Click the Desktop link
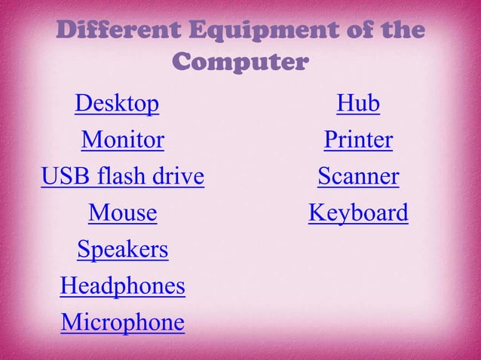pos(117,104)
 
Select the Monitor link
pos(122,141)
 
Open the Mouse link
pos(122,214)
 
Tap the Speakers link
pos(122,250)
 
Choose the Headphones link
pos(122,287)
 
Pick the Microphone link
pos(122,323)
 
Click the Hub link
pos(358,104)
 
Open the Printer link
pos(358,141)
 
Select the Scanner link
pos(358,177)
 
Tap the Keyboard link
pos(358,214)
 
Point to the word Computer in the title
pos(240,62)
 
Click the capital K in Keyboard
pos(317,214)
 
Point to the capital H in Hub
pos(345,104)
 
